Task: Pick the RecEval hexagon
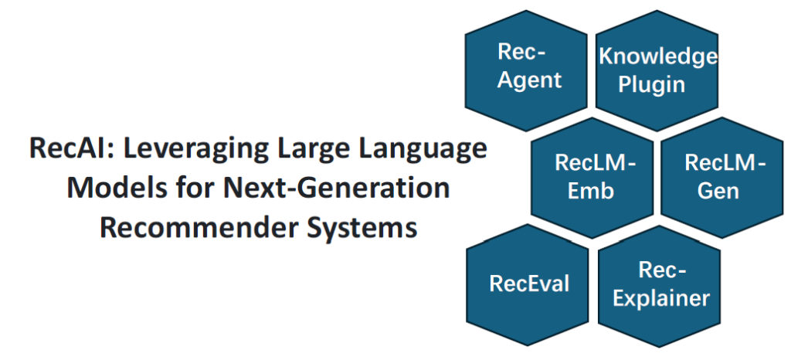528,284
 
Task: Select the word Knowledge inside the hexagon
658,56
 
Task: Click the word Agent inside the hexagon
528,80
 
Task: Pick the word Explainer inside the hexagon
660,297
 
